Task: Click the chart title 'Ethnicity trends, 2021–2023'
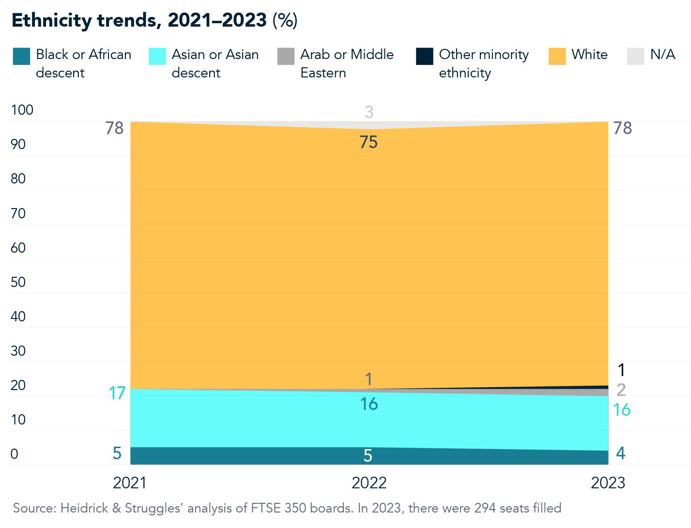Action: pos(139,20)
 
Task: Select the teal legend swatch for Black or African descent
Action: pos(21,56)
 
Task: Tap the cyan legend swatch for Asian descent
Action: pos(157,56)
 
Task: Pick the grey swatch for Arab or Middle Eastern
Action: pos(286,56)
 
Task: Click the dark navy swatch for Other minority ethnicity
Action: pos(424,56)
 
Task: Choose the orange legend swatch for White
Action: pos(557,56)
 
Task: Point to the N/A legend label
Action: pos(662,54)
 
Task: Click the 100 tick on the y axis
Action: pos(22,110)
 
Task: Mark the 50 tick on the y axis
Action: pos(18,282)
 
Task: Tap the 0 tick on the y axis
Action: pos(15,454)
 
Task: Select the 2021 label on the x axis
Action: pos(130,483)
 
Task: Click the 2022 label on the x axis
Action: pos(369,483)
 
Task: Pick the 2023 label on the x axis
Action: pos(608,483)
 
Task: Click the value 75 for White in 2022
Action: pos(369,142)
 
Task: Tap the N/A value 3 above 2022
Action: pos(369,112)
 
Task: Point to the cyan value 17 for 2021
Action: pos(117,393)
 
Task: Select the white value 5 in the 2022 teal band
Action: pos(368,455)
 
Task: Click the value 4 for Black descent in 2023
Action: pos(620,453)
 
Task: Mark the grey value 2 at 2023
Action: pos(621,390)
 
